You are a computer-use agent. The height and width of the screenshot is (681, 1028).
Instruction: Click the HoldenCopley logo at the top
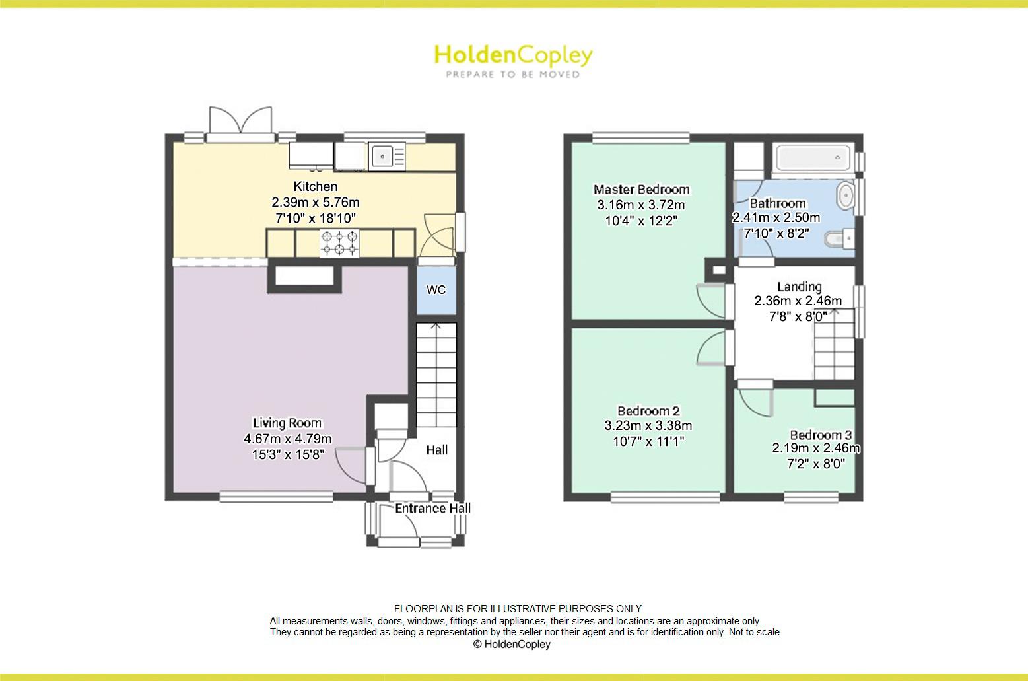[x=513, y=56]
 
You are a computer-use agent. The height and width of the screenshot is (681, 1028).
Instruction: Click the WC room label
[x=436, y=290]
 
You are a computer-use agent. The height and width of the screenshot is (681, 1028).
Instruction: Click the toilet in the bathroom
[x=841, y=238]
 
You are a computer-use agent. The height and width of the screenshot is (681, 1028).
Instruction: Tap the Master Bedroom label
[x=641, y=190]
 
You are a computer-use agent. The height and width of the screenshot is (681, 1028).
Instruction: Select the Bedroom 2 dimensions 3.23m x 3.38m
[x=648, y=426]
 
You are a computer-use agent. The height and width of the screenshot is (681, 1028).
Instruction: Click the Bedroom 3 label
[x=821, y=435]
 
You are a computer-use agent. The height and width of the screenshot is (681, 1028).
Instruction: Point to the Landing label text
[x=799, y=287]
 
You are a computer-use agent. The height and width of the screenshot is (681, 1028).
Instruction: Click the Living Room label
[x=287, y=423]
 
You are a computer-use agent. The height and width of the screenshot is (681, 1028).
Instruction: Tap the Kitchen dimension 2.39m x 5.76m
[x=315, y=202]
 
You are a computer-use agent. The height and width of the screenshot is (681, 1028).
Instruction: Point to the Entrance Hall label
[x=432, y=508]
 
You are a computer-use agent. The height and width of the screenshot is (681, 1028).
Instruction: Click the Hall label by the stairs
[x=436, y=450]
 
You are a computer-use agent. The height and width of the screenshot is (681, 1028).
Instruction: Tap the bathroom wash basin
[x=845, y=196]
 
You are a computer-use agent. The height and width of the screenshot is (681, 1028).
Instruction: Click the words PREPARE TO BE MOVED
[x=513, y=75]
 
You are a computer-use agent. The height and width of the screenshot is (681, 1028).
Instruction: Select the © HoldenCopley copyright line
[x=512, y=644]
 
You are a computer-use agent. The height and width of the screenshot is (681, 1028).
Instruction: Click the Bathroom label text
[x=777, y=203]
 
